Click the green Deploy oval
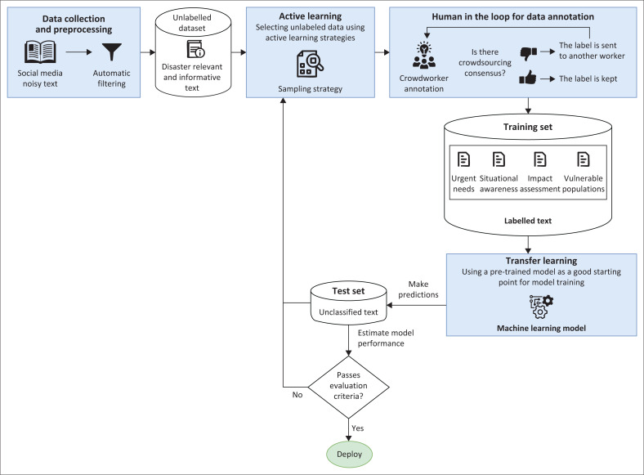click(x=349, y=454)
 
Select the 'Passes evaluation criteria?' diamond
click(x=348, y=387)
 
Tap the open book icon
click(x=40, y=52)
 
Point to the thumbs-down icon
click(x=528, y=53)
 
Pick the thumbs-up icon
click(x=527, y=77)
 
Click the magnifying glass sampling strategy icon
click(x=310, y=64)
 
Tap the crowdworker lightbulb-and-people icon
click(x=424, y=55)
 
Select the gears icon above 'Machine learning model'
click(x=541, y=307)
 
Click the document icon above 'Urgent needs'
click(x=463, y=159)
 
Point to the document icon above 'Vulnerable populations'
click(x=584, y=159)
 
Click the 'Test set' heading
click(x=348, y=291)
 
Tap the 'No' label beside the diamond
click(x=297, y=394)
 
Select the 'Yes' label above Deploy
click(x=357, y=428)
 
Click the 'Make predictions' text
click(x=418, y=289)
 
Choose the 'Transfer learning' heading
click(x=541, y=261)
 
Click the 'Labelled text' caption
click(x=528, y=221)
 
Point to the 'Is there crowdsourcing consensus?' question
click(x=485, y=62)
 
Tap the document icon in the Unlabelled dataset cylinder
click(x=195, y=49)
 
